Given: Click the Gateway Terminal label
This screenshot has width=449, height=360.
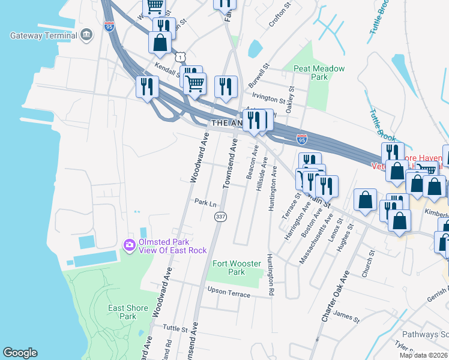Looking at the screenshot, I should click(44, 35).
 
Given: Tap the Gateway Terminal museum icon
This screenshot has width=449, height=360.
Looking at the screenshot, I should click(87, 35).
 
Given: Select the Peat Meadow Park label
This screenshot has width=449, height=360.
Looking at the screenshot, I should click(319, 73).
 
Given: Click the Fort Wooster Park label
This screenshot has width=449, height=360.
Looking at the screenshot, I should click(229, 268).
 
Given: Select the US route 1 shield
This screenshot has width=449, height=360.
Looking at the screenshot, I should click(179, 57).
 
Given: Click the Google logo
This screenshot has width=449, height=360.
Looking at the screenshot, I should click(20, 353).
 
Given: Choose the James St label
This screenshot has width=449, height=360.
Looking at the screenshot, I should click(346, 314).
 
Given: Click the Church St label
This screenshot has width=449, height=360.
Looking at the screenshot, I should click(368, 265).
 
